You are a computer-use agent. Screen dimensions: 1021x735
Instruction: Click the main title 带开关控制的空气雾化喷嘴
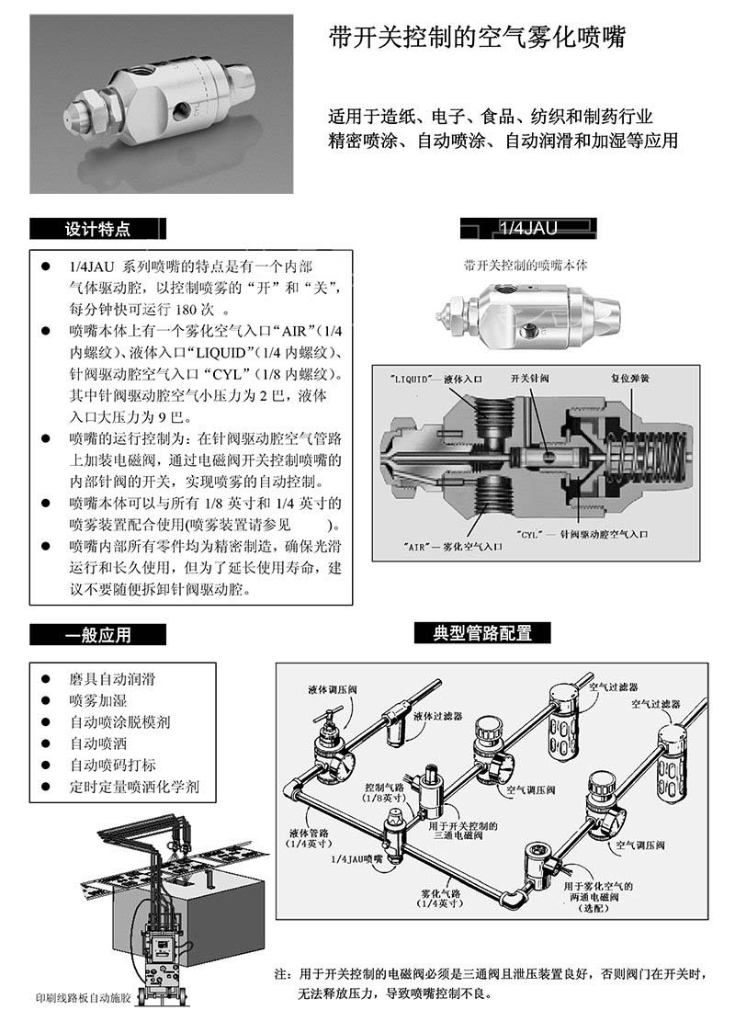pyautogui.click(x=477, y=38)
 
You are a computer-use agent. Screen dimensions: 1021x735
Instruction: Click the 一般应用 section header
pyautogui.click(x=98, y=634)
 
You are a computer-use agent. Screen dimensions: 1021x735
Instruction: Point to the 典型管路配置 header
pyautogui.click(x=483, y=632)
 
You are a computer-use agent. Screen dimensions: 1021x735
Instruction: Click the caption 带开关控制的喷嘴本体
pyautogui.click(x=526, y=265)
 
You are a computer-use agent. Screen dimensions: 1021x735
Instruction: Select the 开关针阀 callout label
pyautogui.click(x=530, y=378)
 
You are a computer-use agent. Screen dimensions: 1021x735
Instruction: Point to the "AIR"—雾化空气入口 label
pyautogui.click(x=454, y=545)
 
